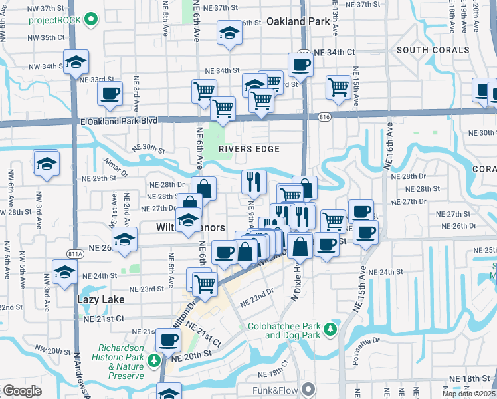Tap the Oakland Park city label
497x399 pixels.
tap(298, 21)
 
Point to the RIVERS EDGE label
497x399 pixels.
tap(250, 149)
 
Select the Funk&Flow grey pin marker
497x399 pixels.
tap(308, 389)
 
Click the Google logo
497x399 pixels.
tap(22, 391)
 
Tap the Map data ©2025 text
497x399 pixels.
tap(468, 394)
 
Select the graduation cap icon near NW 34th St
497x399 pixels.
tap(76, 61)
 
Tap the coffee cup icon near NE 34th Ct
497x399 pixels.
tap(300, 65)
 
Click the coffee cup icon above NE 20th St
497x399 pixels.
tap(167, 340)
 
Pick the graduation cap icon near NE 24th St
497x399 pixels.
tap(64, 272)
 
